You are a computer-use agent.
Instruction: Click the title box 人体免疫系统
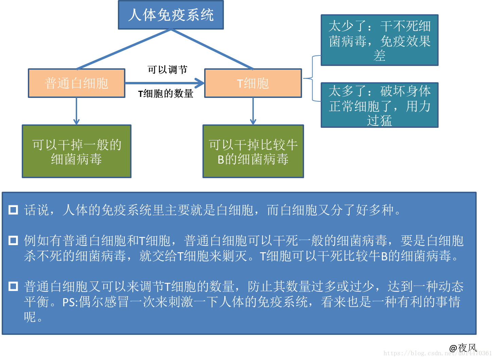click(171, 15)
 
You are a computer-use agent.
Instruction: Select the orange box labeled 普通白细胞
click(76, 83)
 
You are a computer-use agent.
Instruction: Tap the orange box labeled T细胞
click(253, 83)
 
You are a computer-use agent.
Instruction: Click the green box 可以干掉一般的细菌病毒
click(76, 151)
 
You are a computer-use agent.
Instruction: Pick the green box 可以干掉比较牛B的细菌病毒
click(253, 151)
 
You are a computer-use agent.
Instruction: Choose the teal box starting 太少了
click(379, 40)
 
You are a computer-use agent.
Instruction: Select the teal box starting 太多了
click(379, 105)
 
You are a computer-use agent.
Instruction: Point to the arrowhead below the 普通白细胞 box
click(76, 121)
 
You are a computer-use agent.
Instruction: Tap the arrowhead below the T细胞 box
click(253, 121)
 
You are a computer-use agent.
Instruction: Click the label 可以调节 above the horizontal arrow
click(167, 70)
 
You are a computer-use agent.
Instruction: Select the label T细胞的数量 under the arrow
click(165, 93)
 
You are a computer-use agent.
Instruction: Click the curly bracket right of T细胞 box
click(312, 79)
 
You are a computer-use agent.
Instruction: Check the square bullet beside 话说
click(13, 210)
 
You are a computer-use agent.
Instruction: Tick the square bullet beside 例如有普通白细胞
click(13, 241)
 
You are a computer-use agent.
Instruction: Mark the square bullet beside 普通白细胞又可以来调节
click(13, 286)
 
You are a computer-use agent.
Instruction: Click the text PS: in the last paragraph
click(70, 302)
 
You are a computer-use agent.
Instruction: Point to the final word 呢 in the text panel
click(30, 317)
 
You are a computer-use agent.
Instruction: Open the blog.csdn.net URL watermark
click(438, 353)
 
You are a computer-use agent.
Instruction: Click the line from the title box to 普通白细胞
click(124, 49)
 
